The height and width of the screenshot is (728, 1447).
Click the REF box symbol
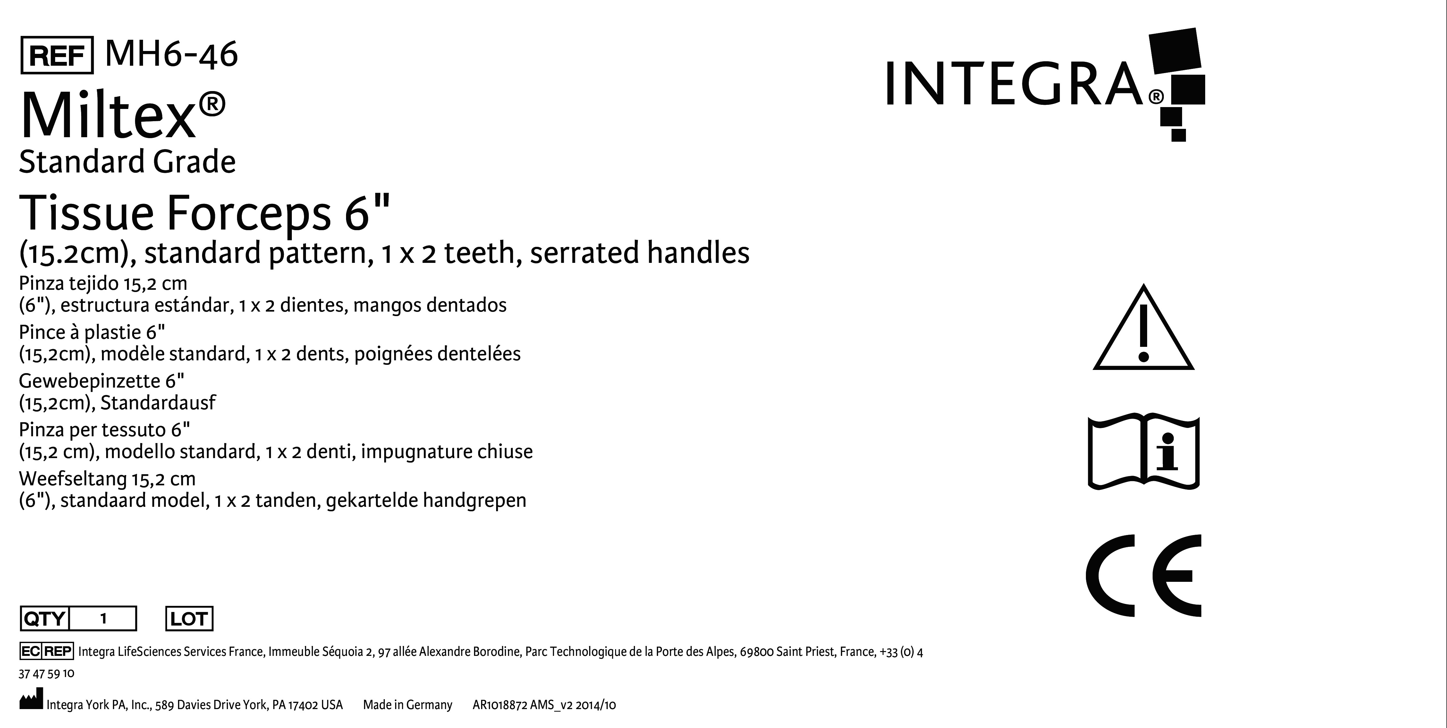[57, 55]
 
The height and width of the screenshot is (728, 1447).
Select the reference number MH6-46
[171, 54]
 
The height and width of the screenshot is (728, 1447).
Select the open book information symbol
[1144, 452]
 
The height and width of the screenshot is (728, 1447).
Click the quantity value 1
[103, 619]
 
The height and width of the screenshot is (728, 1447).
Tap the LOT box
[189, 619]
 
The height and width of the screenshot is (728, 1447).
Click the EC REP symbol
[46, 651]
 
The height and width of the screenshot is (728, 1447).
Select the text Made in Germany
[407, 705]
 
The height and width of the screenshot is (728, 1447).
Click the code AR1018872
[499, 705]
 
